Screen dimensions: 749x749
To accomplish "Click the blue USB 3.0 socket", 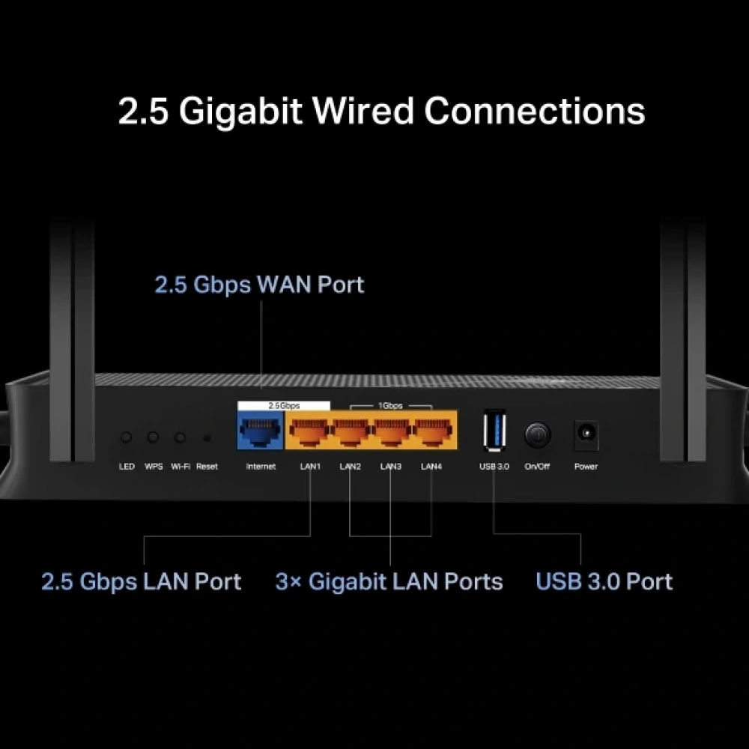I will pos(494,431).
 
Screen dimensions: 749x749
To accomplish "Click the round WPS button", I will pos(154,437).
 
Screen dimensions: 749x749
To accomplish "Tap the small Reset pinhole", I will pos(207,438).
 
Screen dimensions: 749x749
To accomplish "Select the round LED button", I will pos(127,437).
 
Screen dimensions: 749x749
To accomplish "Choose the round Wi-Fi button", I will pos(180,437).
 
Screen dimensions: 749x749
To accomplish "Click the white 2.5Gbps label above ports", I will pos(284,405).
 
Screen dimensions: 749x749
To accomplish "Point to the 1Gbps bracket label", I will pos(389,405).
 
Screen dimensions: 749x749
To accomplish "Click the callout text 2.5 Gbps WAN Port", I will pos(259,285).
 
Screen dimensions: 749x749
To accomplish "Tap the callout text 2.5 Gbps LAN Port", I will pos(141,581).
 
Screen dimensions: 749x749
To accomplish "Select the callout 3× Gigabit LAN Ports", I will pos(389,581).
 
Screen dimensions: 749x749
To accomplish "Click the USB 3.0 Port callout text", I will pos(604,581).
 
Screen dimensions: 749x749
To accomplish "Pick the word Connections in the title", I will pos(535,111).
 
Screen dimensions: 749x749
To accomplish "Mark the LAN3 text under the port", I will pos(390,467).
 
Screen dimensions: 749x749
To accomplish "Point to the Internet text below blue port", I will pos(261,467).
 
